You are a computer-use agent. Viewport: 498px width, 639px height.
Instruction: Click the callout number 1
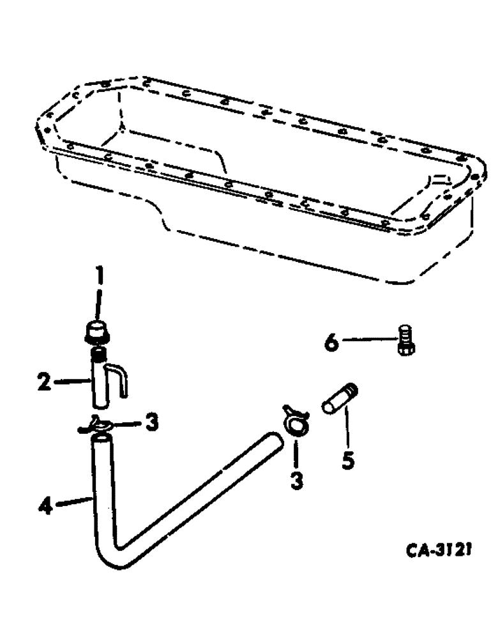(x=99, y=279)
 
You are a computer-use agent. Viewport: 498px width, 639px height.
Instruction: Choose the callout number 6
(x=331, y=343)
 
